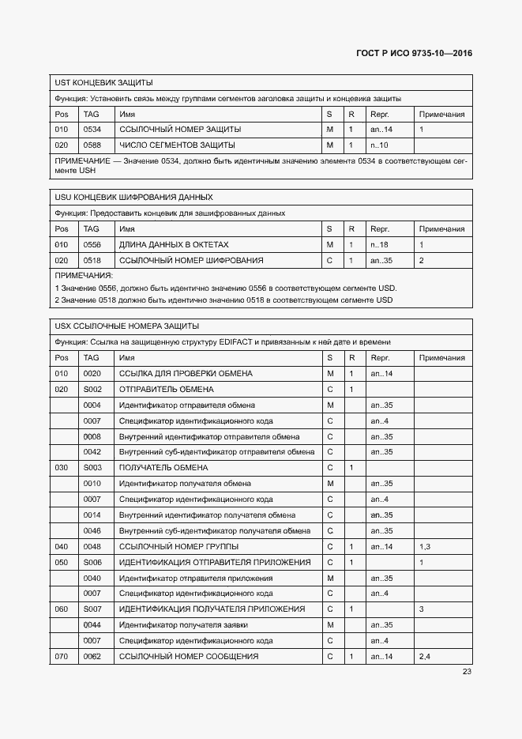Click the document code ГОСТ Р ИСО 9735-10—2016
[415, 55]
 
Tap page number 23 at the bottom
[467, 673]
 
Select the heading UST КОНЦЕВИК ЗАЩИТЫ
[103, 82]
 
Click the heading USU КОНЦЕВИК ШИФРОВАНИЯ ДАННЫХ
[133, 197]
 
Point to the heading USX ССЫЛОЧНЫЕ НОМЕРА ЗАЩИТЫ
[126, 326]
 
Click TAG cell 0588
[92, 145]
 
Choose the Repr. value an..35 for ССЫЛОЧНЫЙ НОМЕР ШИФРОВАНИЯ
[381, 260]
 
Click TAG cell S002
[93, 390]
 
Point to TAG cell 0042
[92, 452]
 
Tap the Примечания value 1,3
[425, 547]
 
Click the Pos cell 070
[62, 657]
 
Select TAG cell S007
[93, 609]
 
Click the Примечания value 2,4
[425, 657]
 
